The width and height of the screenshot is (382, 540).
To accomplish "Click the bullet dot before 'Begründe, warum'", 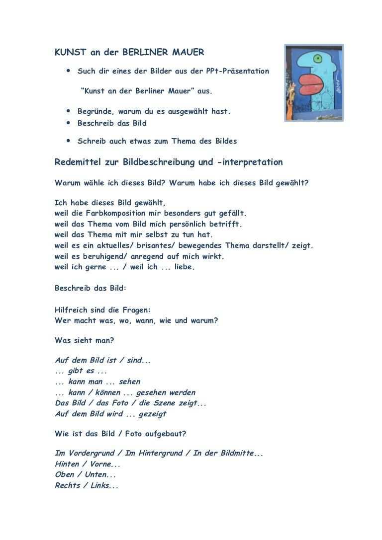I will (68, 111).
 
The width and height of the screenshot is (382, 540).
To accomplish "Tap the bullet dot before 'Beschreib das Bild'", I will (68, 123).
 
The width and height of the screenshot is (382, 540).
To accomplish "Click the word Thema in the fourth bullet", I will (184, 141).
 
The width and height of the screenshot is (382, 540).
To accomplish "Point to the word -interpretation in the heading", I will (253, 162).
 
